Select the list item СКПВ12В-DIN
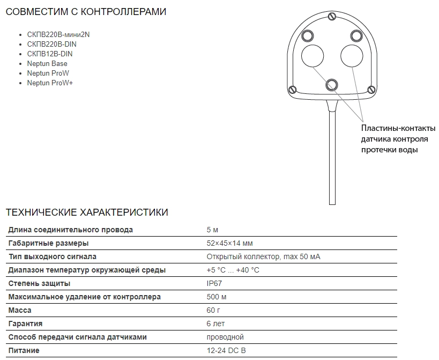pos(50,54)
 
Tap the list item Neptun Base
pos(47,64)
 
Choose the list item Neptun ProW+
pos(50,83)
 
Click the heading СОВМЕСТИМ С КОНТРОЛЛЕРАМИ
pos(86,12)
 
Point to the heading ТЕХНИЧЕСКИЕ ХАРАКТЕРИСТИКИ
pos(86,212)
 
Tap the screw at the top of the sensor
pos(331,16)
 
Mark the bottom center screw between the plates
pos(332,84)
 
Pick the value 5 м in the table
pos(212,230)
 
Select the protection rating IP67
pos(214,284)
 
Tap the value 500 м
pos(216,297)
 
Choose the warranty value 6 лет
pos(215,324)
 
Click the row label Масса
pos(20,311)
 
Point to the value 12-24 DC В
pos(226,351)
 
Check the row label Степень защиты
pos(39,284)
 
